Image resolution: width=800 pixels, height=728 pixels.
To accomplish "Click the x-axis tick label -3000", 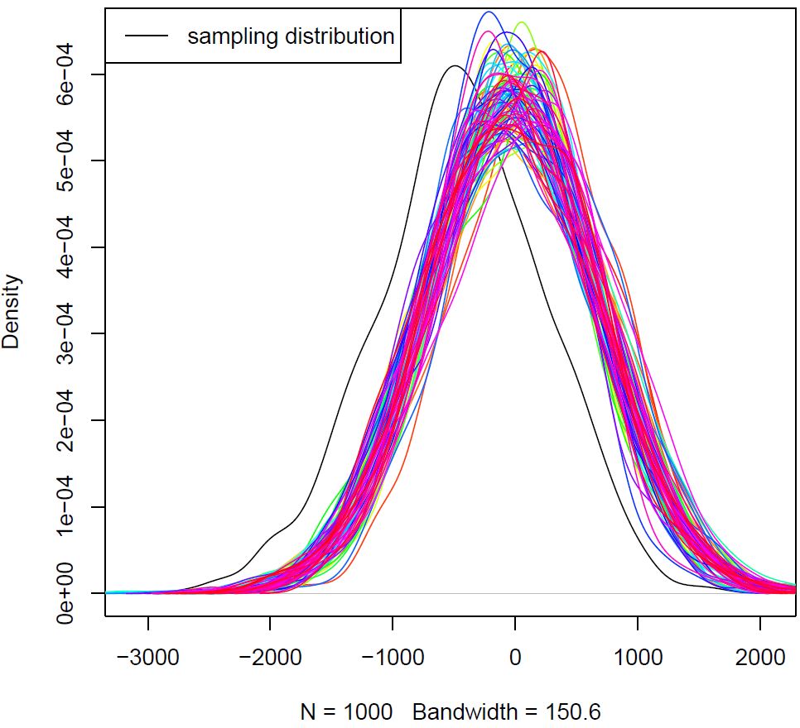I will [x=148, y=658].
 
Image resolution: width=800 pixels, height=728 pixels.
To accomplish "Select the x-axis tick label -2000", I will [x=271, y=658].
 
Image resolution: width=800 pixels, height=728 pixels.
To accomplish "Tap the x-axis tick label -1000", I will [x=393, y=658].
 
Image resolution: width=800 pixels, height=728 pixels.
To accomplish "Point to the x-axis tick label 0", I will [x=515, y=658].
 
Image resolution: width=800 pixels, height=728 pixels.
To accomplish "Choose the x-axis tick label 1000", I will [x=638, y=658].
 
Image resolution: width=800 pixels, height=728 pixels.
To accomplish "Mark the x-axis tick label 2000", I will [x=760, y=658].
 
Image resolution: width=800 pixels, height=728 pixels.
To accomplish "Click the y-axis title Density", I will [x=12, y=313].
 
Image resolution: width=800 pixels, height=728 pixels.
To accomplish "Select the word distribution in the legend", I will [x=340, y=36].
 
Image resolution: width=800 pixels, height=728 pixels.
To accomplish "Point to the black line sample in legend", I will [x=147, y=36].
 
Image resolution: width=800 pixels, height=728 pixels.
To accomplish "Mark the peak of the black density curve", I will [x=455, y=66].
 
